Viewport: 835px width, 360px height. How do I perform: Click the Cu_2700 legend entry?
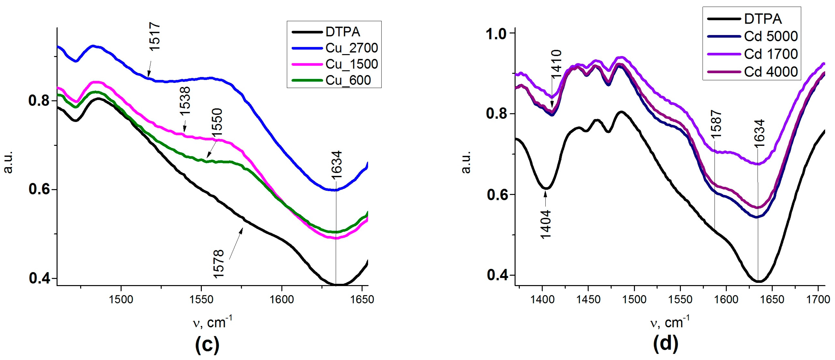click(351, 48)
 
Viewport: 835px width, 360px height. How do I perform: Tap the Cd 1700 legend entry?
click(771, 54)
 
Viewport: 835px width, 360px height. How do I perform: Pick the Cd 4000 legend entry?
click(771, 72)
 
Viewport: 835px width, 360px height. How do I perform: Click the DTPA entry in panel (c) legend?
click(343, 32)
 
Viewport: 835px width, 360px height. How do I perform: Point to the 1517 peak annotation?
click(155, 36)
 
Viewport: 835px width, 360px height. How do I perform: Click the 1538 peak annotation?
click(185, 101)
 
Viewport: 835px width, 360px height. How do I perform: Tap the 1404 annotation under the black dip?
click(546, 224)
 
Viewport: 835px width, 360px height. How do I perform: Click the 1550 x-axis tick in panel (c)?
click(201, 299)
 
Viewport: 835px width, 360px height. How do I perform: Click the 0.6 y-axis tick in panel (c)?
click(39, 189)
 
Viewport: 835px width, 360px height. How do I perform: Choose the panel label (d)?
click(665, 344)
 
